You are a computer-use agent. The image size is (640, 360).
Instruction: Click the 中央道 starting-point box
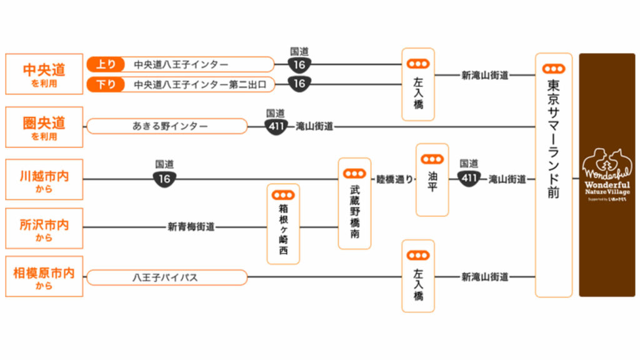click(44, 74)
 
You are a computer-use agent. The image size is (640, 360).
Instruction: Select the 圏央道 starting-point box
click(44, 127)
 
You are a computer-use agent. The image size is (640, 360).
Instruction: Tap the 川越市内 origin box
click(44, 180)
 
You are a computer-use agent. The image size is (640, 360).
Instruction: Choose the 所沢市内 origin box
click(44, 228)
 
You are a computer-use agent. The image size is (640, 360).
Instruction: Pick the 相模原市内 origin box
click(44, 276)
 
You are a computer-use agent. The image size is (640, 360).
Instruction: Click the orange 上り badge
click(106, 64)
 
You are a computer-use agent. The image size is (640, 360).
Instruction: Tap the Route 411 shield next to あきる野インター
click(276, 127)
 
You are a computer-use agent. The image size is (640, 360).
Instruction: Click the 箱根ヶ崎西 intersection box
click(283, 223)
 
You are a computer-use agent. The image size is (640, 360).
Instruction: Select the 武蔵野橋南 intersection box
click(354, 203)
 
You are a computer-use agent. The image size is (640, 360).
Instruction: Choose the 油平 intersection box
click(432, 179)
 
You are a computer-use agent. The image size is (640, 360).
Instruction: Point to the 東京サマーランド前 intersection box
click(553, 175)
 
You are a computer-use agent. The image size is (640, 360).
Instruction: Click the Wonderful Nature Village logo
click(606, 175)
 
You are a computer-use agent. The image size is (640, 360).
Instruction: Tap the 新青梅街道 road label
click(191, 227)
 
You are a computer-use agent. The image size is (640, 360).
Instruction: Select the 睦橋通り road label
click(394, 179)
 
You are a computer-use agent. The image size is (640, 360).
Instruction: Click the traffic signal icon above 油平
click(432, 159)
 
